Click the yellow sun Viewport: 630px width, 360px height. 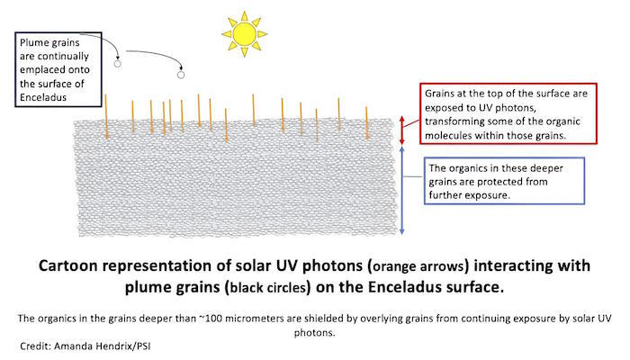pyautogui.click(x=244, y=34)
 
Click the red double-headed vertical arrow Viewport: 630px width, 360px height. pyautogui.click(x=401, y=130)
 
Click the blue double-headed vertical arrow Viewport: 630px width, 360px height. pyautogui.click(x=401, y=190)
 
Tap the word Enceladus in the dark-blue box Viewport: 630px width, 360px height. pyautogui.click(x=43, y=97)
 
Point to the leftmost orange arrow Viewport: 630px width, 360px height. pyautogui.click(x=106, y=117)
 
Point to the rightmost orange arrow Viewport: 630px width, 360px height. pyautogui.click(x=366, y=123)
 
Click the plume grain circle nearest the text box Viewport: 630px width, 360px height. pyautogui.click(x=117, y=64)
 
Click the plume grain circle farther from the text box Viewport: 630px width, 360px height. pyautogui.click(x=181, y=75)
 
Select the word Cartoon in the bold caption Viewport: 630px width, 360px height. pyautogui.click(x=68, y=266)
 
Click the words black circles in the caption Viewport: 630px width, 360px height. pyautogui.click(x=267, y=288)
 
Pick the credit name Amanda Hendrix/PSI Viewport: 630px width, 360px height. pyautogui.click(x=102, y=346)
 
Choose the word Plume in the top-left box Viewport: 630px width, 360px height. pyautogui.click(x=33, y=43)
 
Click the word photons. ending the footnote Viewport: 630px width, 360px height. pyautogui.click(x=315, y=333)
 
